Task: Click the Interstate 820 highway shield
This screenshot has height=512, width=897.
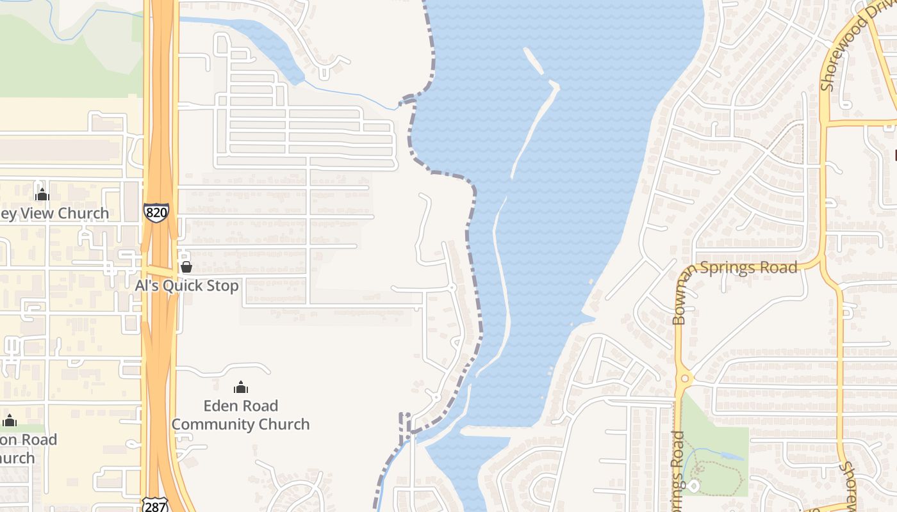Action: tap(156, 212)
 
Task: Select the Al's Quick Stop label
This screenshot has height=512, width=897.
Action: tap(186, 285)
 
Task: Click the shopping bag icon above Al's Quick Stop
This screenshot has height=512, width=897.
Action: tap(186, 267)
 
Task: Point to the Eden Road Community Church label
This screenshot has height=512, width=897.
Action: tap(240, 415)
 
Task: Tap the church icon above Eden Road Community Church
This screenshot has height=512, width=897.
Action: tap(241, 387)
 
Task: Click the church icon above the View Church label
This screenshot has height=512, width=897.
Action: tap(42, 194)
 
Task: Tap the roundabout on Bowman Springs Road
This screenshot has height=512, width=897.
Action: tap(684, 378)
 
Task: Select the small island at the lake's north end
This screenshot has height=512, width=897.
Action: tap(534, 60)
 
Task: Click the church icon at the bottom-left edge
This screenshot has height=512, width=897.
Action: tap(10, 421)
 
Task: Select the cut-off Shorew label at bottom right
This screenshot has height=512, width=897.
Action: tap(849, 486)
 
